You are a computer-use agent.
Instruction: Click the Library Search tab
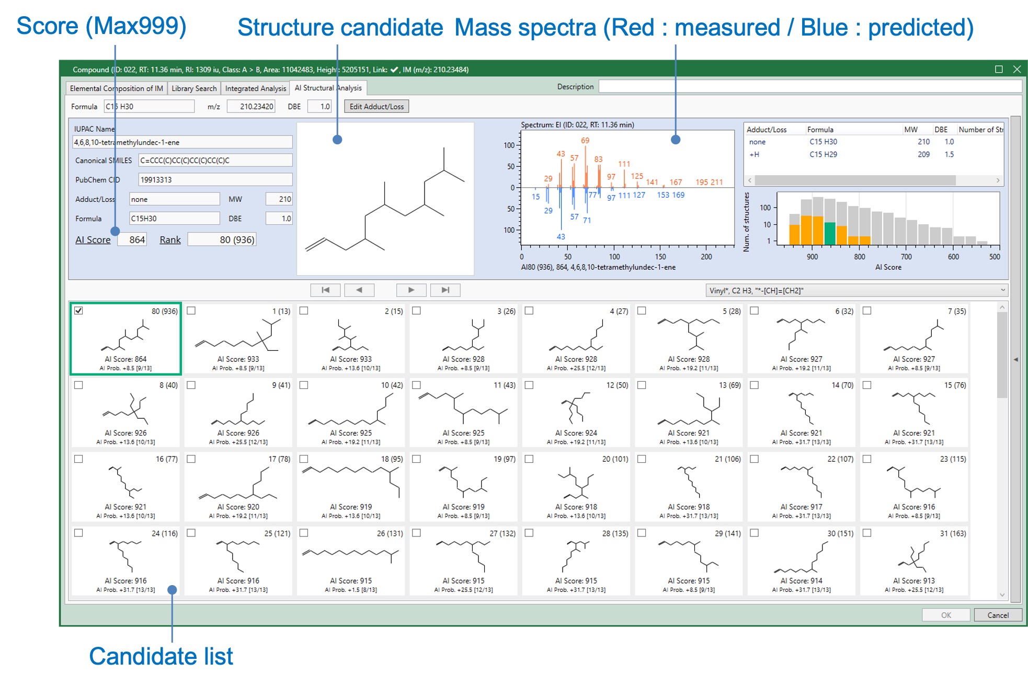point(194,88)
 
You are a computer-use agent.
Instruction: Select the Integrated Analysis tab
point(256,88)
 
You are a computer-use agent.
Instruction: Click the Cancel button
point(998,615)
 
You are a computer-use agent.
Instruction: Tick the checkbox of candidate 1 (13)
point(191,311)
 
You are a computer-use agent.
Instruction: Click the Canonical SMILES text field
point(215,161)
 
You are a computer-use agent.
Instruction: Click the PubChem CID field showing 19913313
point(215,180)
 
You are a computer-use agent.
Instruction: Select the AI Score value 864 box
point(132,239)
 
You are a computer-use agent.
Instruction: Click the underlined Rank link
point(170,240)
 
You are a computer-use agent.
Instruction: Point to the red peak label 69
point(585,141)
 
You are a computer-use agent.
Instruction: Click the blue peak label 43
point(561,237)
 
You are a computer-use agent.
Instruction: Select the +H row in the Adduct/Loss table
point(873,154)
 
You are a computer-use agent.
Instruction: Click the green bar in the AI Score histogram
point(830,234)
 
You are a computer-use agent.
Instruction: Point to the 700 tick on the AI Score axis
point(906,257)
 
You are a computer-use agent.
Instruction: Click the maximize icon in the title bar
point(999,70)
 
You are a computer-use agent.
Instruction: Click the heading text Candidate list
point(161,656)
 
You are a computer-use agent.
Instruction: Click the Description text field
point(809,87)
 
